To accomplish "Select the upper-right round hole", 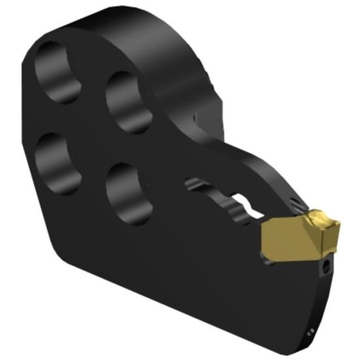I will [129, 101].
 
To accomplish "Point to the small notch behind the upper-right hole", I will [194, 118].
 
